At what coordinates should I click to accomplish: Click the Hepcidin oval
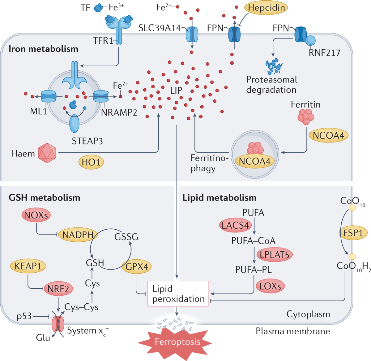(x=266, y=8)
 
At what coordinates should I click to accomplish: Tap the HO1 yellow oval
(x=91, y=162)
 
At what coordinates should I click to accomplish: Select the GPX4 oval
(x=136, y=266)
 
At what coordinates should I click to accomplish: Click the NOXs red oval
(x=36, y=215)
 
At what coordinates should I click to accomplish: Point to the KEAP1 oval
(x=28, y=266)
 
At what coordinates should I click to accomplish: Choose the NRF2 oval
(x=58, y=288)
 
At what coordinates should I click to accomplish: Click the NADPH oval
(x=78, y=235)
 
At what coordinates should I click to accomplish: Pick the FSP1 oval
(x=352, y=233)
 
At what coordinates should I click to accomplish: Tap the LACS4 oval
(x=235, y=225)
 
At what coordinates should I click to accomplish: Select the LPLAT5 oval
(x=274, y=254)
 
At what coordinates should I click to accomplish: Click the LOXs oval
(x=270, y=286)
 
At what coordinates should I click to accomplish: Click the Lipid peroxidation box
(x=178, y=293)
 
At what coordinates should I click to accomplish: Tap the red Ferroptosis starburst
(x=174, y=342)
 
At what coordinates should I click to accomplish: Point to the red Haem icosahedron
(x=47, y=153)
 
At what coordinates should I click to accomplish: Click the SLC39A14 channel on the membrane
(x=192, y=34)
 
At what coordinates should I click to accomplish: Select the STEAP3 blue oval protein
(x=74, y=124)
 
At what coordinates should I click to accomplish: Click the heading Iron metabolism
(x=43, y=49)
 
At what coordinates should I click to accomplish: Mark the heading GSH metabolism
(x=44, y=197)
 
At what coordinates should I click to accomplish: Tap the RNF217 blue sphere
(x=310, y=41)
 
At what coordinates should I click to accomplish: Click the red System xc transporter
(x=58, y=324)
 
